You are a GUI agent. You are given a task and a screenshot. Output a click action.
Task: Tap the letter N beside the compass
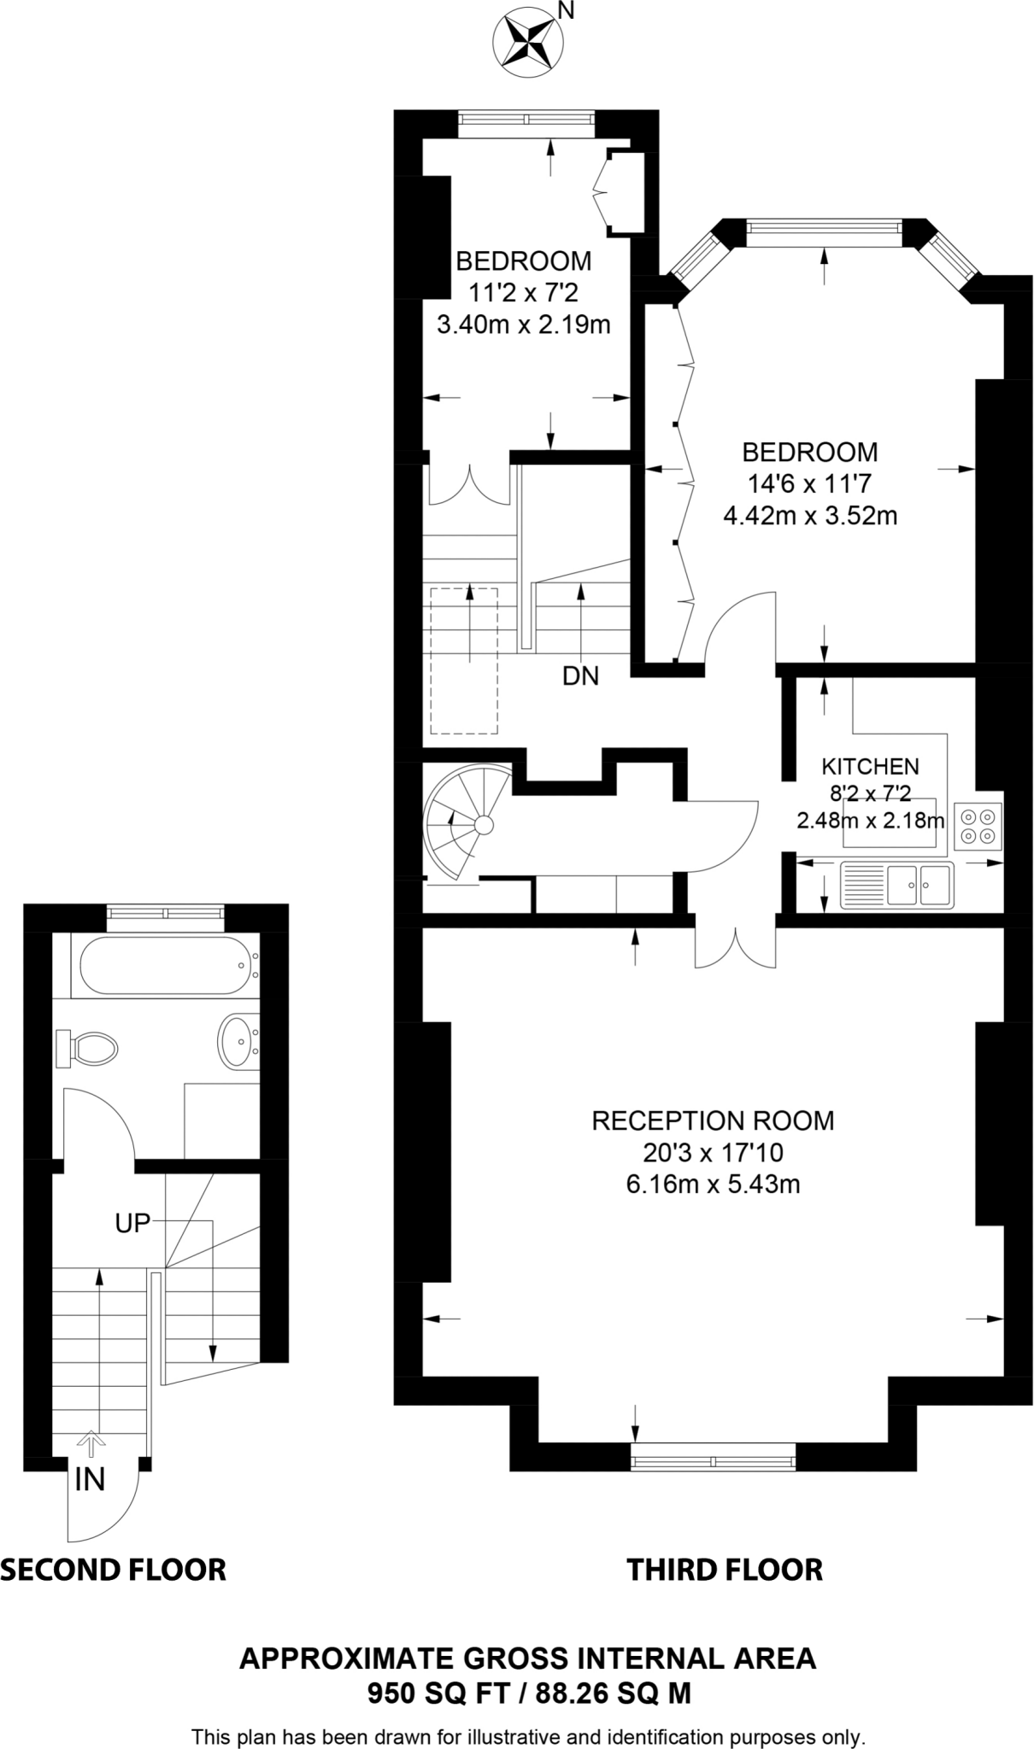[566, 10]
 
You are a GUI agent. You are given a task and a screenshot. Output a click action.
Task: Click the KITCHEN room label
[870, 766]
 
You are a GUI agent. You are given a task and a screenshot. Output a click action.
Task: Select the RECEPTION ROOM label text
[713, 1120]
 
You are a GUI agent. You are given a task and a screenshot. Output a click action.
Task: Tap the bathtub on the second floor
[166, 966]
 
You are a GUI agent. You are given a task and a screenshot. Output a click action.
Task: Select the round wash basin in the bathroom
[238, 1040]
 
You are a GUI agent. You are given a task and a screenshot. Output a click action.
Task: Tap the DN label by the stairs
[580, 676]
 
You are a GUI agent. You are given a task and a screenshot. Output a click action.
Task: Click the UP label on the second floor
[132, 1224]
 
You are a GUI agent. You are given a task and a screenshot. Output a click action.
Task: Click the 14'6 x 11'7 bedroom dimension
[809, 484]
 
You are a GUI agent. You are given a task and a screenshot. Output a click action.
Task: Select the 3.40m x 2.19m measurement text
[523, 325]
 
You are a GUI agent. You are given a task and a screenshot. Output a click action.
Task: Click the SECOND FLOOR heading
[113, 1569]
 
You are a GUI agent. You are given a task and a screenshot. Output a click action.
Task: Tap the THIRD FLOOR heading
[725, 1569]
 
